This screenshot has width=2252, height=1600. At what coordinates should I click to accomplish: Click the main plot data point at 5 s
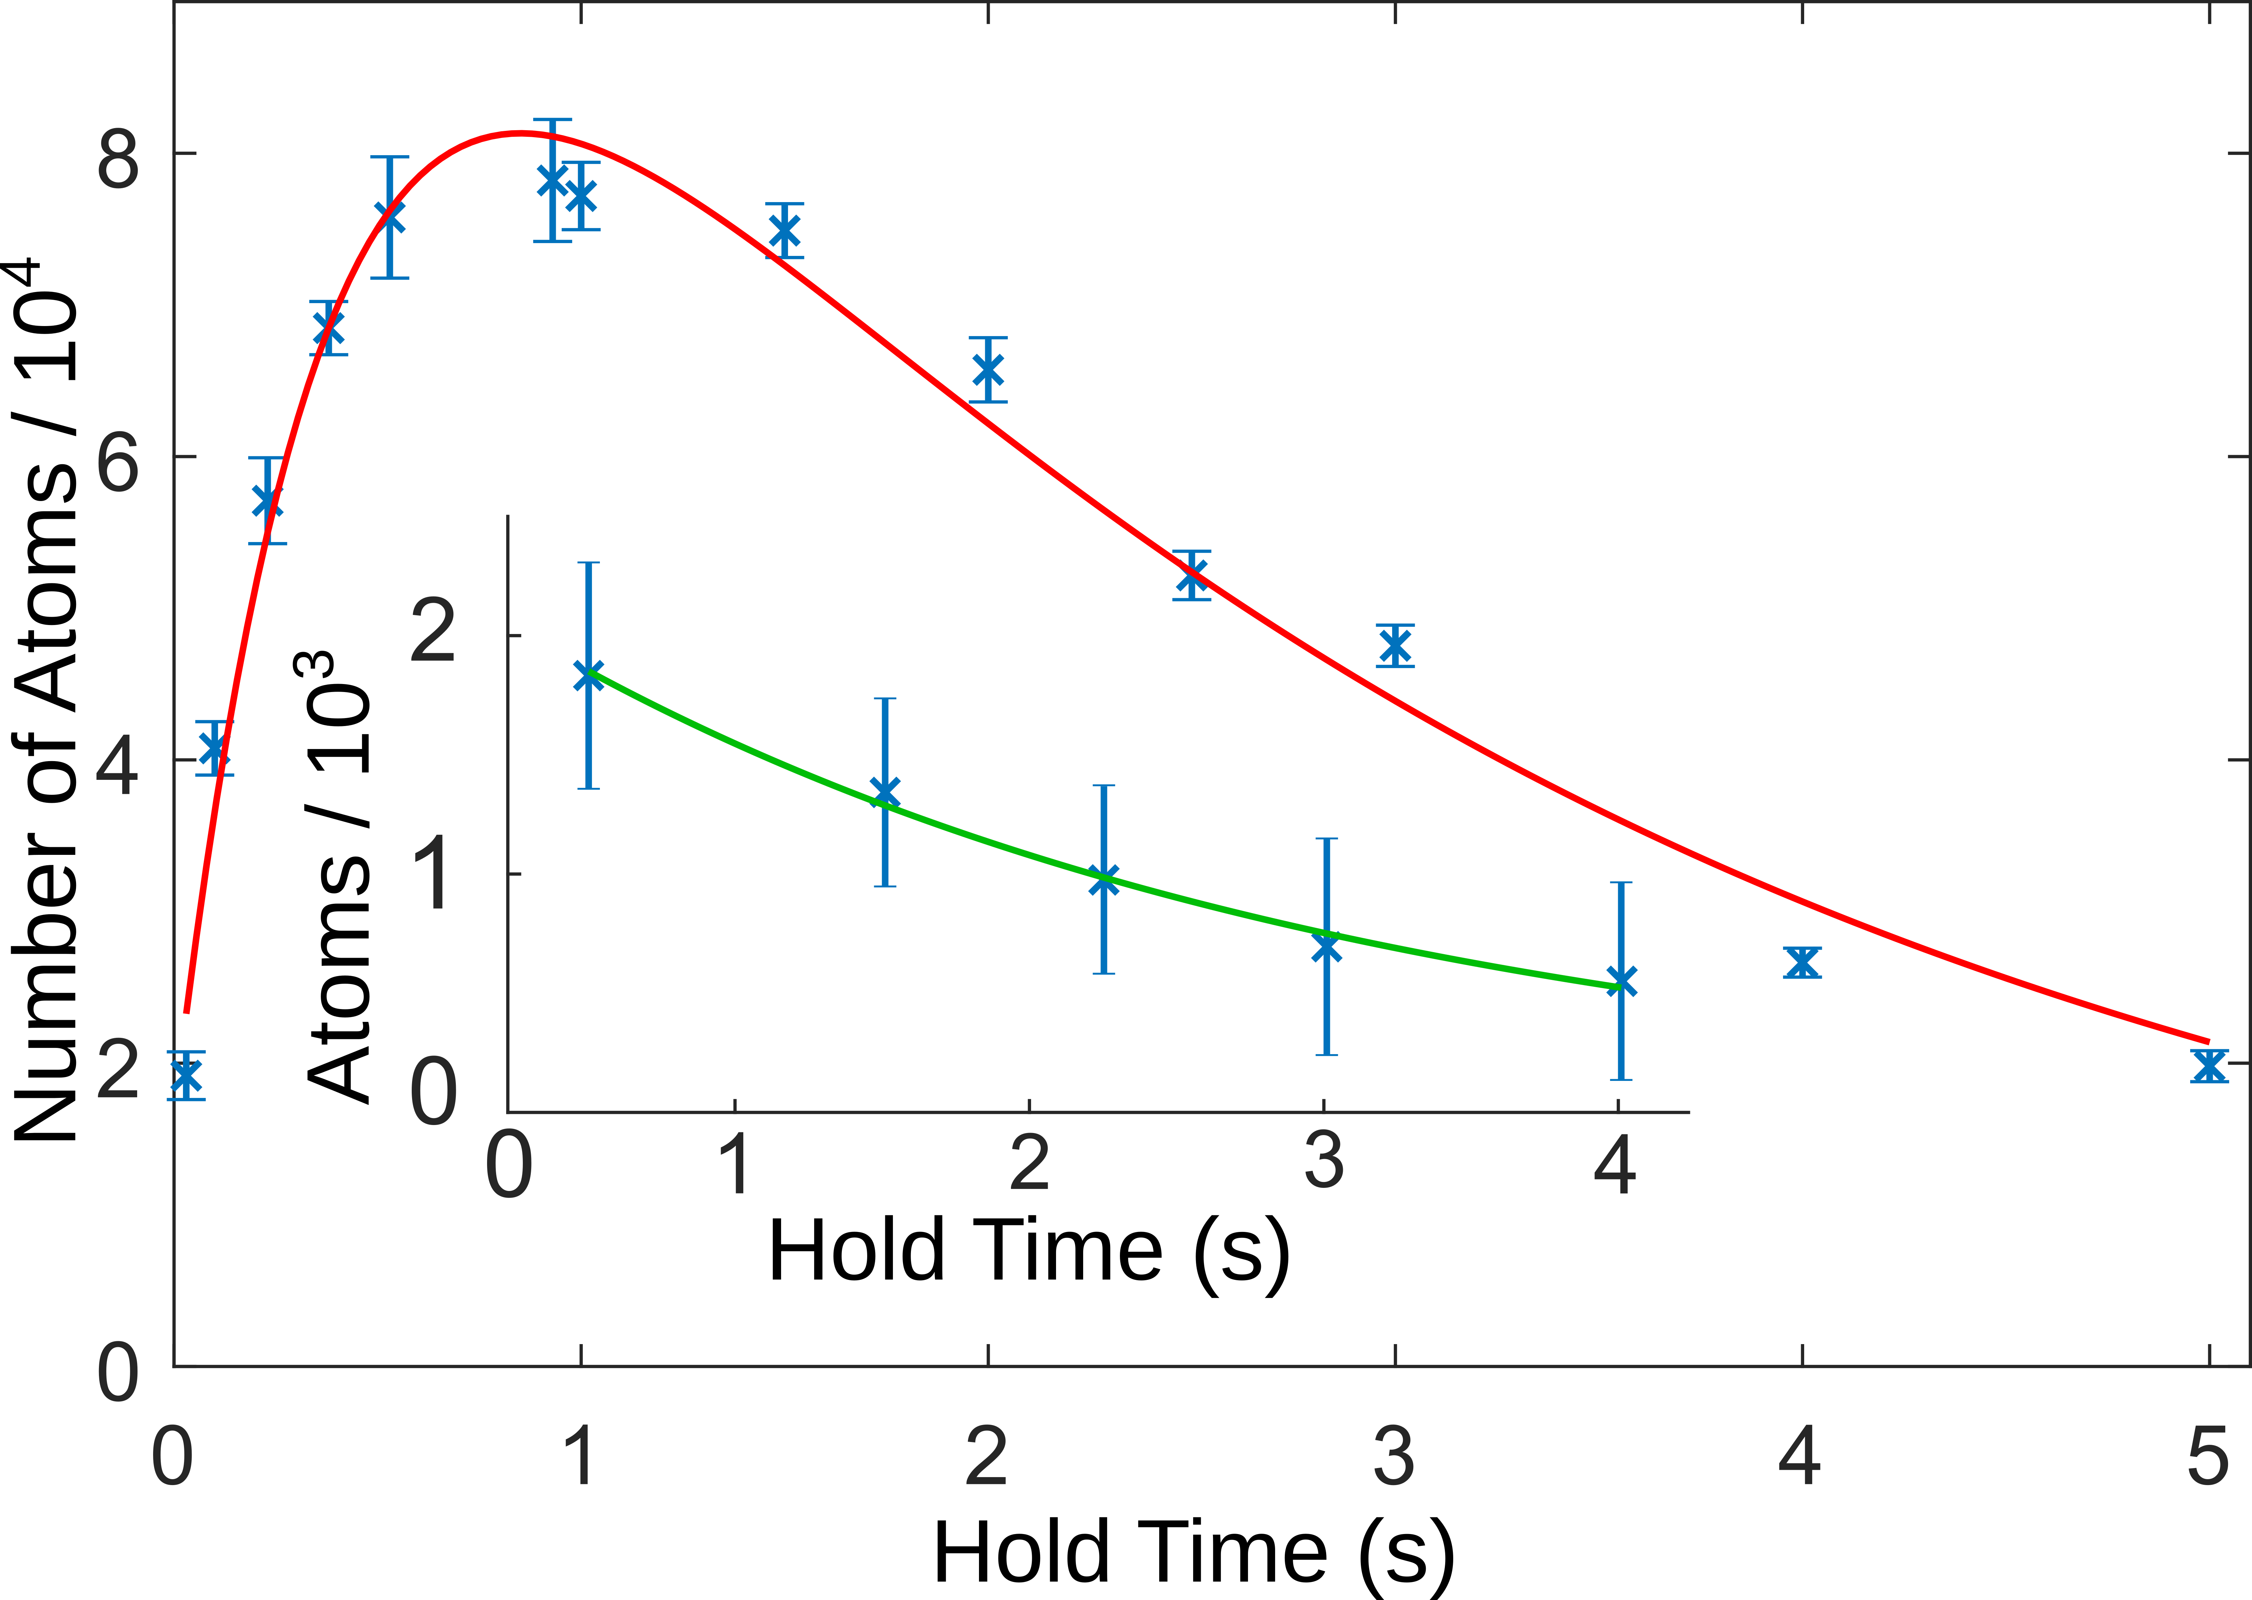2209,1066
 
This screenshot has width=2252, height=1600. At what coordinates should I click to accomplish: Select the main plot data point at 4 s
1802,962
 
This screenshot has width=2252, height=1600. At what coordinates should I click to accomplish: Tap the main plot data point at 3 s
1395,646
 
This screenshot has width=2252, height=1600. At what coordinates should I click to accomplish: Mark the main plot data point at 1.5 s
784,231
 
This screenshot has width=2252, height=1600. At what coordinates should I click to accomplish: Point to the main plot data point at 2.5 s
1192,575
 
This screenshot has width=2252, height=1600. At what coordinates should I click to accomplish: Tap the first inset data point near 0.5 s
588,676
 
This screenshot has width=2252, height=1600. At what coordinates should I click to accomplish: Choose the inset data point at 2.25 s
1104,880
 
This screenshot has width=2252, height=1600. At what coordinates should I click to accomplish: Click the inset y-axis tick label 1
434,876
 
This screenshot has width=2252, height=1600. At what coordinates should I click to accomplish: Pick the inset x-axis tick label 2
1029,1162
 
